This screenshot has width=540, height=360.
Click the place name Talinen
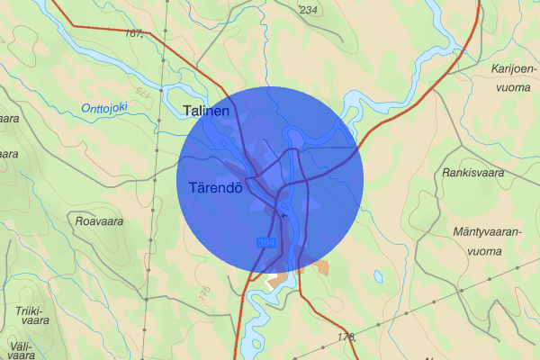(x=206, y=111)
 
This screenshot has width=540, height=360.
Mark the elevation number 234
(x=309, y=10)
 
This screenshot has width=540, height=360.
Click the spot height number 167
(x=137, y=34)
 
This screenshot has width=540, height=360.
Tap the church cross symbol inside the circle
(x=283, y=216)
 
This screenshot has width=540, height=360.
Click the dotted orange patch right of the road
(x=321, y=266)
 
